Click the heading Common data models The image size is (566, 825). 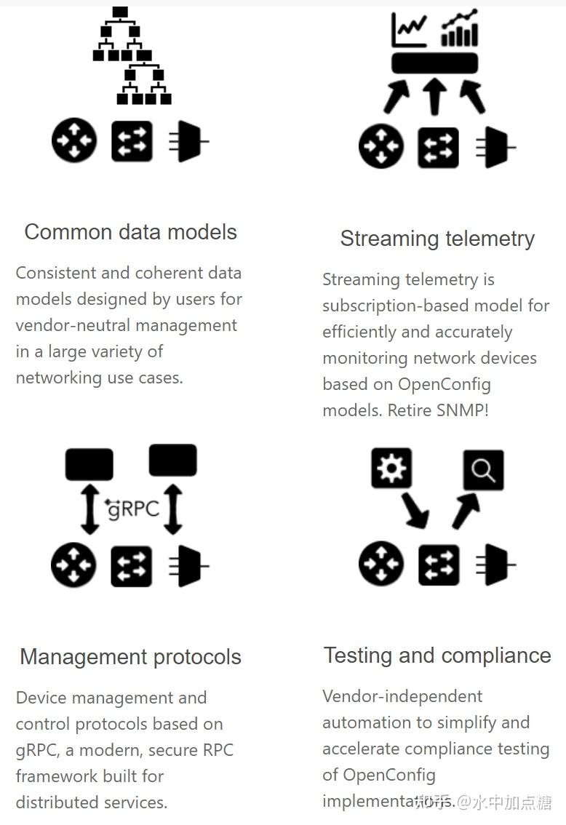pyautogui.click(x=131, y=232)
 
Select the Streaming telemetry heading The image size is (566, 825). pyautogui.click(x=437, y=239)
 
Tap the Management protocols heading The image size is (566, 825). pyautogui.click(x=130, y=657)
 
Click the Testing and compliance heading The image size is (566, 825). pyautogui.click(x=437, y=655)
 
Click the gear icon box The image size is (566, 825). pyautogui.click(x=391, y=468)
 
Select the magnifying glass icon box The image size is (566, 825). pyautogui.click(x=483, y=470)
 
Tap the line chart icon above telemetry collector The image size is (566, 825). pyautogui.click(x=409, y=30)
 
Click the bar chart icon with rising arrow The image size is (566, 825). pyautogui.click(x=460, y=29)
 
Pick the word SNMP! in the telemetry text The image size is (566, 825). pyautogui.click(x=463, y=410)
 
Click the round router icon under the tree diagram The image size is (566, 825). pyautogui.click(x=74, y=140)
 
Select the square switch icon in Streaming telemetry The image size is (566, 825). pyautogui.click(x=438, y=148)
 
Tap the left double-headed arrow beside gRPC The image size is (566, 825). pyautogui.click(x=90, y=509)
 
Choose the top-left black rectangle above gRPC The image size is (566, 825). pyautogui.click(x=89, y=464)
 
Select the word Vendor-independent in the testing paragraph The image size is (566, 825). pyautogui.click(x=402, y=696)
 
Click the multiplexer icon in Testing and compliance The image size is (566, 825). pyautogui.click(x=495, y=564)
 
